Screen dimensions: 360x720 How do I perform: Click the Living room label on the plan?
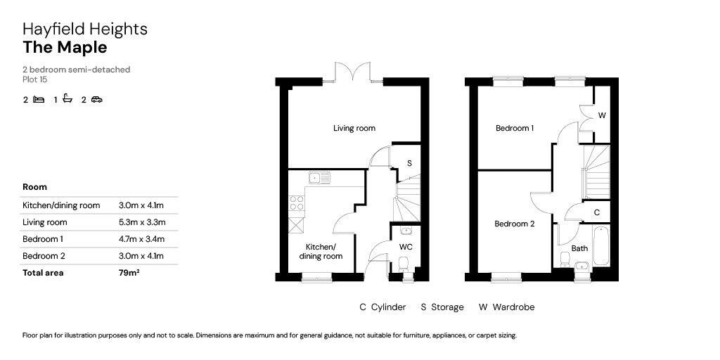[354, 128]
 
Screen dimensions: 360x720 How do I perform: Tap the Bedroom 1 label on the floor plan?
[515, 128]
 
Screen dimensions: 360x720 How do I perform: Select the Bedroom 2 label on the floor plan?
[515, 224]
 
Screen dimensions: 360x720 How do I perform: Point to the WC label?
[406, 247]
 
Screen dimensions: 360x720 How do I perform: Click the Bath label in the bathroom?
[579, 248]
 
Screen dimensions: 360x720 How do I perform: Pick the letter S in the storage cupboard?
[409, 163]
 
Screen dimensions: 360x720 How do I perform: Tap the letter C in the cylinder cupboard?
[596, 212]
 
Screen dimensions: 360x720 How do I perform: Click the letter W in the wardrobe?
[602, 115]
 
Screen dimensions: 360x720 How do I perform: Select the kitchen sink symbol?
[320, 176]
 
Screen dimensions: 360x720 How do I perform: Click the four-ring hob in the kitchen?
[297, 204]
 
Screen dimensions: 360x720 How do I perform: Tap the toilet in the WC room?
[403, 265]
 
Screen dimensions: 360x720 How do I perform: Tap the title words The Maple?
[65, 48]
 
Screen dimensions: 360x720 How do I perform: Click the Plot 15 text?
[34, 79]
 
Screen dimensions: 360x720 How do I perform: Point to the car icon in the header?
[96, 99]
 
